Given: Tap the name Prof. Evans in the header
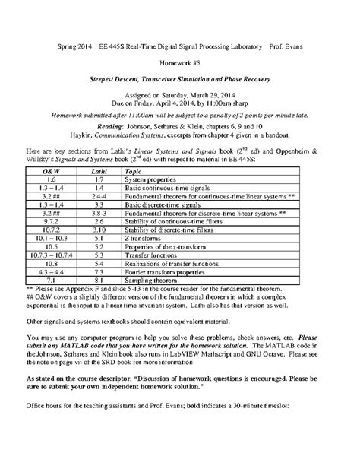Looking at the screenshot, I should (x=281, y=47).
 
